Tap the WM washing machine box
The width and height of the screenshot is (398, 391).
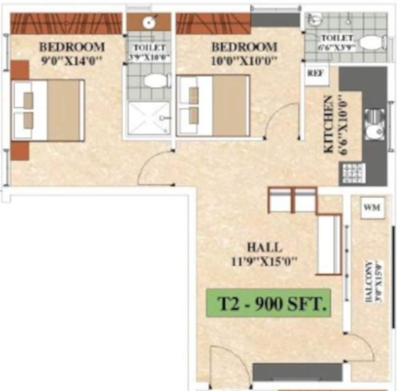pos(372,208)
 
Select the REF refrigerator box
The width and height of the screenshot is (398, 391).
pos(314,73)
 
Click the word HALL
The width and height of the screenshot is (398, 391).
pos(264,248)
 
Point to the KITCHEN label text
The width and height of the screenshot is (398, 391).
pos(329,125)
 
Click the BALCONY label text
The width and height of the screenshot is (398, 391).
pos(369,283)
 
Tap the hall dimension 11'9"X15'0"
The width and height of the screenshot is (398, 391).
pos(264,262)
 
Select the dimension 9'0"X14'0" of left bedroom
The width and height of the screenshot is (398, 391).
pos(72,61)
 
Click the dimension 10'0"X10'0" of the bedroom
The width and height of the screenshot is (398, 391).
pos(244,61)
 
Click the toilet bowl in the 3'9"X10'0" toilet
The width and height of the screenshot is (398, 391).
pos(155,80)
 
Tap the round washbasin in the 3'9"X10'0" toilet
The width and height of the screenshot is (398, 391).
pos(149,22)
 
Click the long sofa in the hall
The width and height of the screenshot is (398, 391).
pos(329,244)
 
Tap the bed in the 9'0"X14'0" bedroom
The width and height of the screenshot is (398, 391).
pos(48,110)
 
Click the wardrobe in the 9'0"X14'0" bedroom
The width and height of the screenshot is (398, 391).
pos(66,23)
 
